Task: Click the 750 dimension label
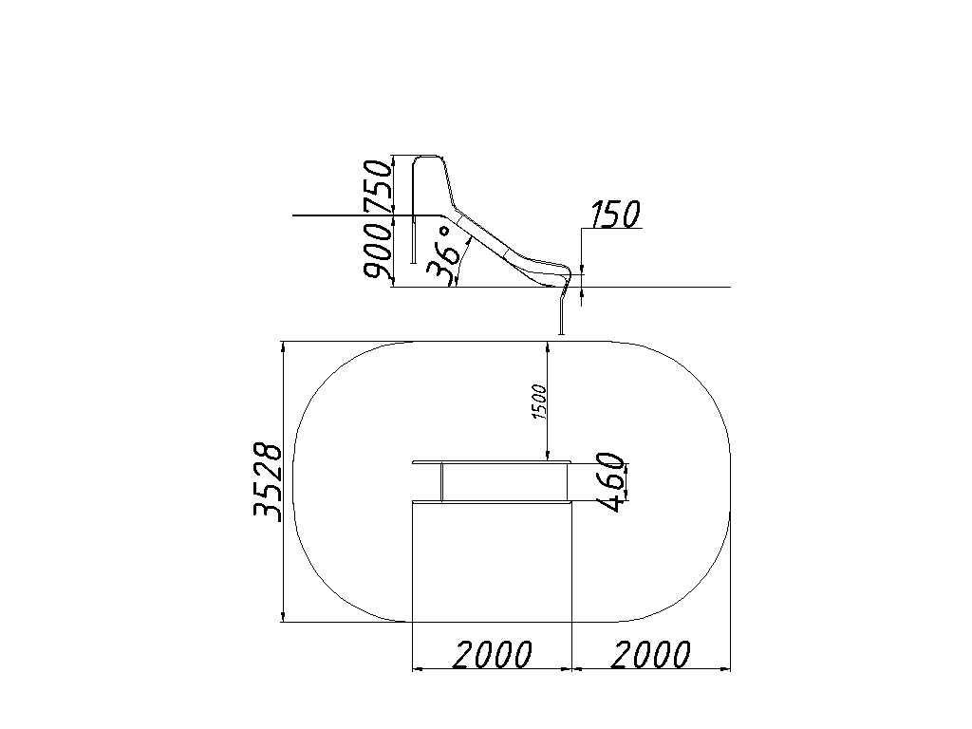pos(378,186)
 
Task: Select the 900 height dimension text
pos(378,251)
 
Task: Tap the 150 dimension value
pos(614,215)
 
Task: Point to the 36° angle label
pos(445,255)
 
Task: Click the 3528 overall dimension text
pos(268,481)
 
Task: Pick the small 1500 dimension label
pos(539,402)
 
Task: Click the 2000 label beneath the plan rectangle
pos(492,655)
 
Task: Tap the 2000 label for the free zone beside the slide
pos(650,655)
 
